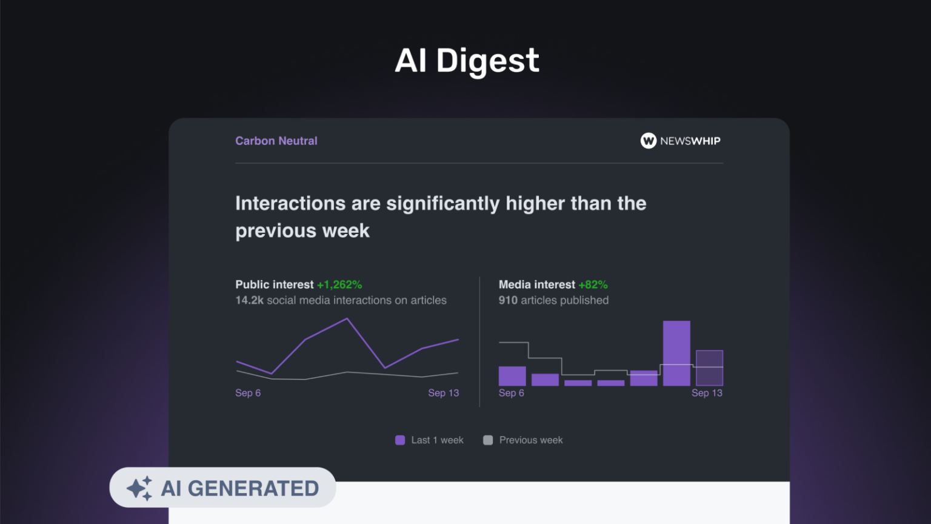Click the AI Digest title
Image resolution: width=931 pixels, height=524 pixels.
pyautogui.click(x=467, y=61)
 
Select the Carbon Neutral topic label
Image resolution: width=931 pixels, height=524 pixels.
pyautogui.click(x=276, y=141)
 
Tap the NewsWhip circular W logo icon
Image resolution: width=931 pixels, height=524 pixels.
pyautogui.click(x=649, y=141)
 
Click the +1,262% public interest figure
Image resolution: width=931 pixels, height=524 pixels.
pyautogui.click(x=339, y=284)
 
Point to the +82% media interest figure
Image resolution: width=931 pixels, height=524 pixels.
pyautogui.click(x=593, y=284)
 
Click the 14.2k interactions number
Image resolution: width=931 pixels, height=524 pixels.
pyautogui.click(x=249, y=300)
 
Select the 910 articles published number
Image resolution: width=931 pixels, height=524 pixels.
pyautogui.click(x=508, y=300)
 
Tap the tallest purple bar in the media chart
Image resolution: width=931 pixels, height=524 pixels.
pyautogui.click(x=676, y=353)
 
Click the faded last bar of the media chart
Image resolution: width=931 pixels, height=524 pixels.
pyautogui.click(x=710, y=368)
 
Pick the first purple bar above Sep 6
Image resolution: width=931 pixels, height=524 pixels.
pyautogui.click(x=512, y=376)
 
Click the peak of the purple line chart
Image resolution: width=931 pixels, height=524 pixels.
pyautogui.click(x=347, y=319)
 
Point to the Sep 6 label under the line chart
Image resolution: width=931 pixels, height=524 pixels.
pyautogui.click(x=248, y=393)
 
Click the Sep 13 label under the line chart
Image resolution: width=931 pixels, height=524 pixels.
pyautogui.click(x=444, y=393)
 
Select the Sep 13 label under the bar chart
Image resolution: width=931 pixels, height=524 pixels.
pyautogui.click(x=707, y=393)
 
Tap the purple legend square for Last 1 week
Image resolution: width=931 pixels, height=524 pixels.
pyautogui.click(x=400, y=440)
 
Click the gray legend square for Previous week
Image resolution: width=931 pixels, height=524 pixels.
pyautogui.click(x=488, y=440)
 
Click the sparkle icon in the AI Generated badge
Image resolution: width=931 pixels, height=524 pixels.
pyautogui.click(x=139, y=488)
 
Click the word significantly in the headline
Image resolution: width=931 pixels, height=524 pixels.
pyautogui.click(x=443, y=204)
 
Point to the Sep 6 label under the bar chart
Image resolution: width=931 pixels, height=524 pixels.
pyautogui.click(x=511, y=393)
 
